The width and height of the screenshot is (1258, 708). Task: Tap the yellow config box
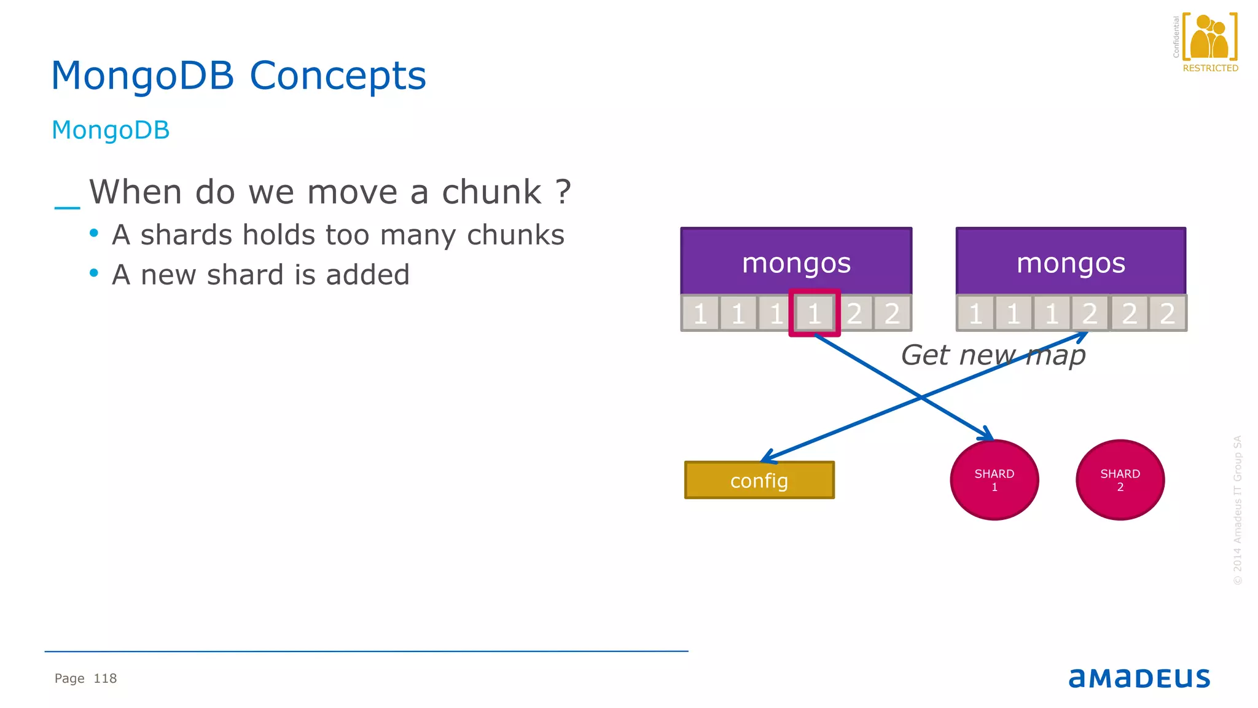(759, 480)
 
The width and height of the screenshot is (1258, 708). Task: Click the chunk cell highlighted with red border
(815, 313)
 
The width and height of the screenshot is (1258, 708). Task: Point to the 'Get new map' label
(993, 355)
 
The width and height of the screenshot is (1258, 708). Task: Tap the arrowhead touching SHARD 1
(988, 435)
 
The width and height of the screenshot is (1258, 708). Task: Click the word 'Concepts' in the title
(337, 76)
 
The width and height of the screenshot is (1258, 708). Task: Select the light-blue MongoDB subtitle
(111, 130)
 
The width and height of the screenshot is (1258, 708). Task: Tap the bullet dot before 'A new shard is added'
(94, 273)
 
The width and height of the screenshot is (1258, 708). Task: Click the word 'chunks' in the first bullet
(515, 235)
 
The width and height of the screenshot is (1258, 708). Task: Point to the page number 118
(105, 678)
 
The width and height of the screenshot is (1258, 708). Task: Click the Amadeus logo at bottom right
(1139, 678)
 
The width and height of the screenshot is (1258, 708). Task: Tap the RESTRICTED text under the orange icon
(1210, 68)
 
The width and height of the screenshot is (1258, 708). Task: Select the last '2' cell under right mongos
(1167, 313)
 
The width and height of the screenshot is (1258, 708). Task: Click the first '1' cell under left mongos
(700, 313)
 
